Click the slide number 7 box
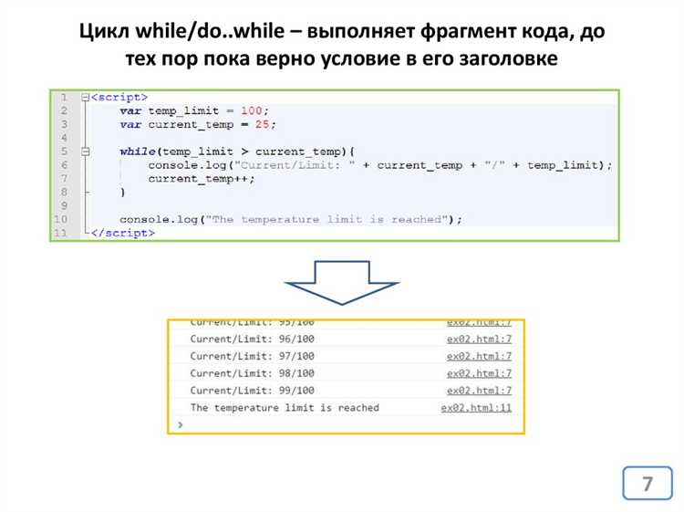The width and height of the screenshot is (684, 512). click(x=647, y=483)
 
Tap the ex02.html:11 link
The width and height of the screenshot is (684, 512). click(x=476, y=408)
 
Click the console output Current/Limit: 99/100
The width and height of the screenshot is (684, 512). click(x=252, y=391)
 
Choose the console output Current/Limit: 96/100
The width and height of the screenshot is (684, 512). click(x=252, y=339)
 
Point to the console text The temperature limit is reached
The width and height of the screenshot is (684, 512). click(x=284, y=408)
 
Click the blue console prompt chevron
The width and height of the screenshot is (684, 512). click(x=181, y=424)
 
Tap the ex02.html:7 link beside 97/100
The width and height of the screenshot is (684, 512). click(x=479, y=356)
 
